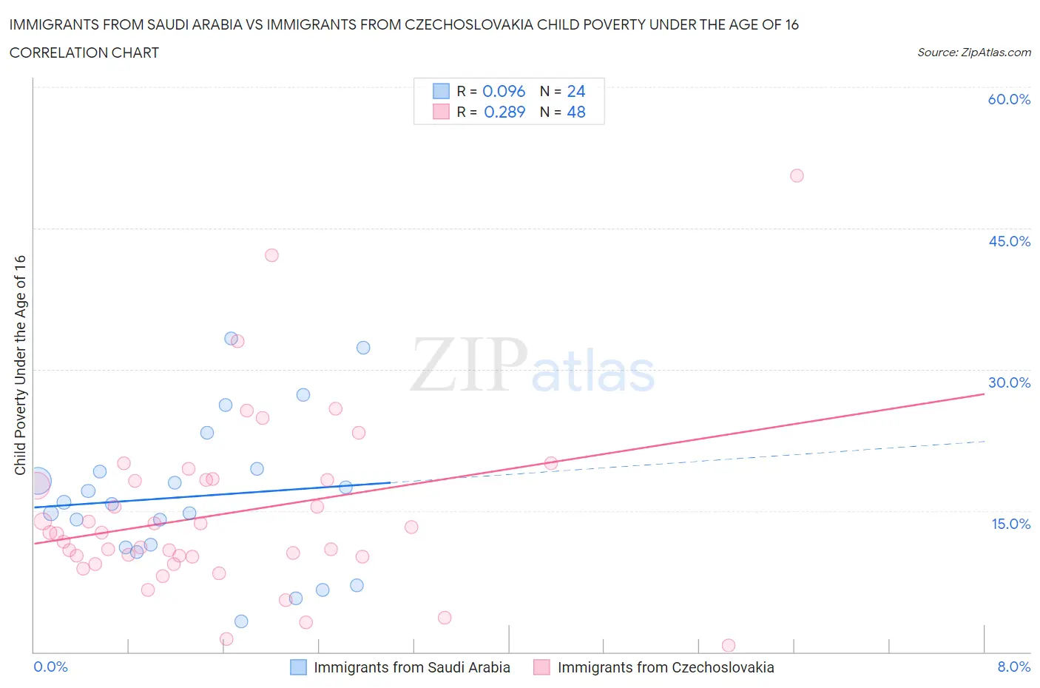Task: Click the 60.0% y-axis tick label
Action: tap(1009, 99)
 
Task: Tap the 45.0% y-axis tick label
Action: tap(1009, 241)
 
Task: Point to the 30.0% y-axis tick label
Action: tap(1009, 382)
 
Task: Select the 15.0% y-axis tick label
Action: tap(1009, 524)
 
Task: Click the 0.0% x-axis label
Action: tap(50, 667)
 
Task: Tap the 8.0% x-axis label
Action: tap(1013, 667)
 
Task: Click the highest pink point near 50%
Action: tap(797, 175)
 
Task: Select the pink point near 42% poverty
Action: tap(271, 255)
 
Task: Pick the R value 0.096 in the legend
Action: tap(504, 91)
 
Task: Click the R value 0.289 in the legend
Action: tap(504, 112)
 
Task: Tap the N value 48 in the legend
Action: tap(576, 112)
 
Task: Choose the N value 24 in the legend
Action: tap(576, 91)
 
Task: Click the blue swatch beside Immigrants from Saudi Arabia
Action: tap(298, 667)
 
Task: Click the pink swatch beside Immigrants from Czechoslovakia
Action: tap(542, 667)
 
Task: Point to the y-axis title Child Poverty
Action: tap(20, 365)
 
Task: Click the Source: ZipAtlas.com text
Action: tap(973, 53)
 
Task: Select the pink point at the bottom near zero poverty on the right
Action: tap(729, 645)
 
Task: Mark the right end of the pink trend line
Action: tap(984, 394)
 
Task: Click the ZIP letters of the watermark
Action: tap(469, 365)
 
